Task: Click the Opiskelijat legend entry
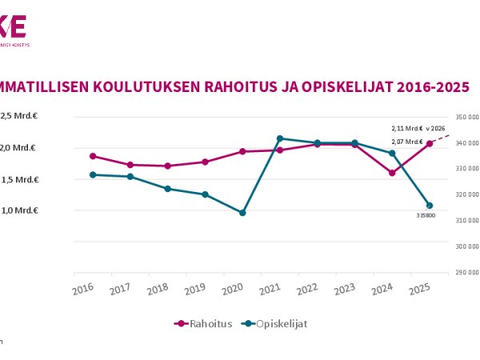pyautogui.click(x=275, y=324)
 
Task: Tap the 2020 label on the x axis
pyautogui.click(x=233, y=288)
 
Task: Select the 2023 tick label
pyautogui.click(x=345, y=288)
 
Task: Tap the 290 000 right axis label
pyautogui.click(x=466, y=272)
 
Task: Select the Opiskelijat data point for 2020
pyautogui.click(x=242, y=213)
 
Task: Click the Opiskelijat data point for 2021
pyautogui.click(x=280, y=138)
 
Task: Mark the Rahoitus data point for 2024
pyautogui.click(x=392, y=173)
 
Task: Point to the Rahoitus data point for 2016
pyautogui.click(x=93, y=156)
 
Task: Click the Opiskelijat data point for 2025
pyautogui.click(x=430, y=206)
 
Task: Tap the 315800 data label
pyautogui.click(x=426, y=216)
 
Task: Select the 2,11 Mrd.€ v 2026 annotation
pyautogui.click(x=417, y=128)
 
